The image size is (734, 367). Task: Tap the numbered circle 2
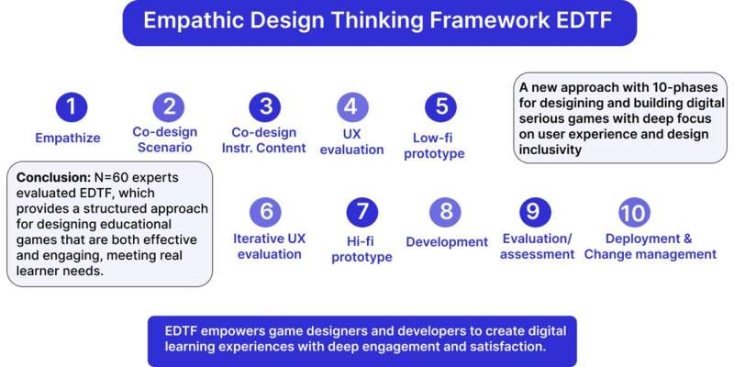click(x=168, y=107)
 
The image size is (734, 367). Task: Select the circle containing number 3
click(x=265, y=107)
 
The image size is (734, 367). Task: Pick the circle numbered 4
click(x=350, y=107)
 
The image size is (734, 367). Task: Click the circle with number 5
click(x=442, y=107)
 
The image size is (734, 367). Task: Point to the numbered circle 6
click(x=266, y=212)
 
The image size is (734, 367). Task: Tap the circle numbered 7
click(x=362, y=212)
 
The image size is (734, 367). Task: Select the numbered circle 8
click(x=446, y=212)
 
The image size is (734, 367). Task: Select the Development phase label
click(x=447, y=242)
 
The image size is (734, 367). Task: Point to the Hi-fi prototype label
click(x=361, y=249)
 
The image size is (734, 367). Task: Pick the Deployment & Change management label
click(x=650, y=246)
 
